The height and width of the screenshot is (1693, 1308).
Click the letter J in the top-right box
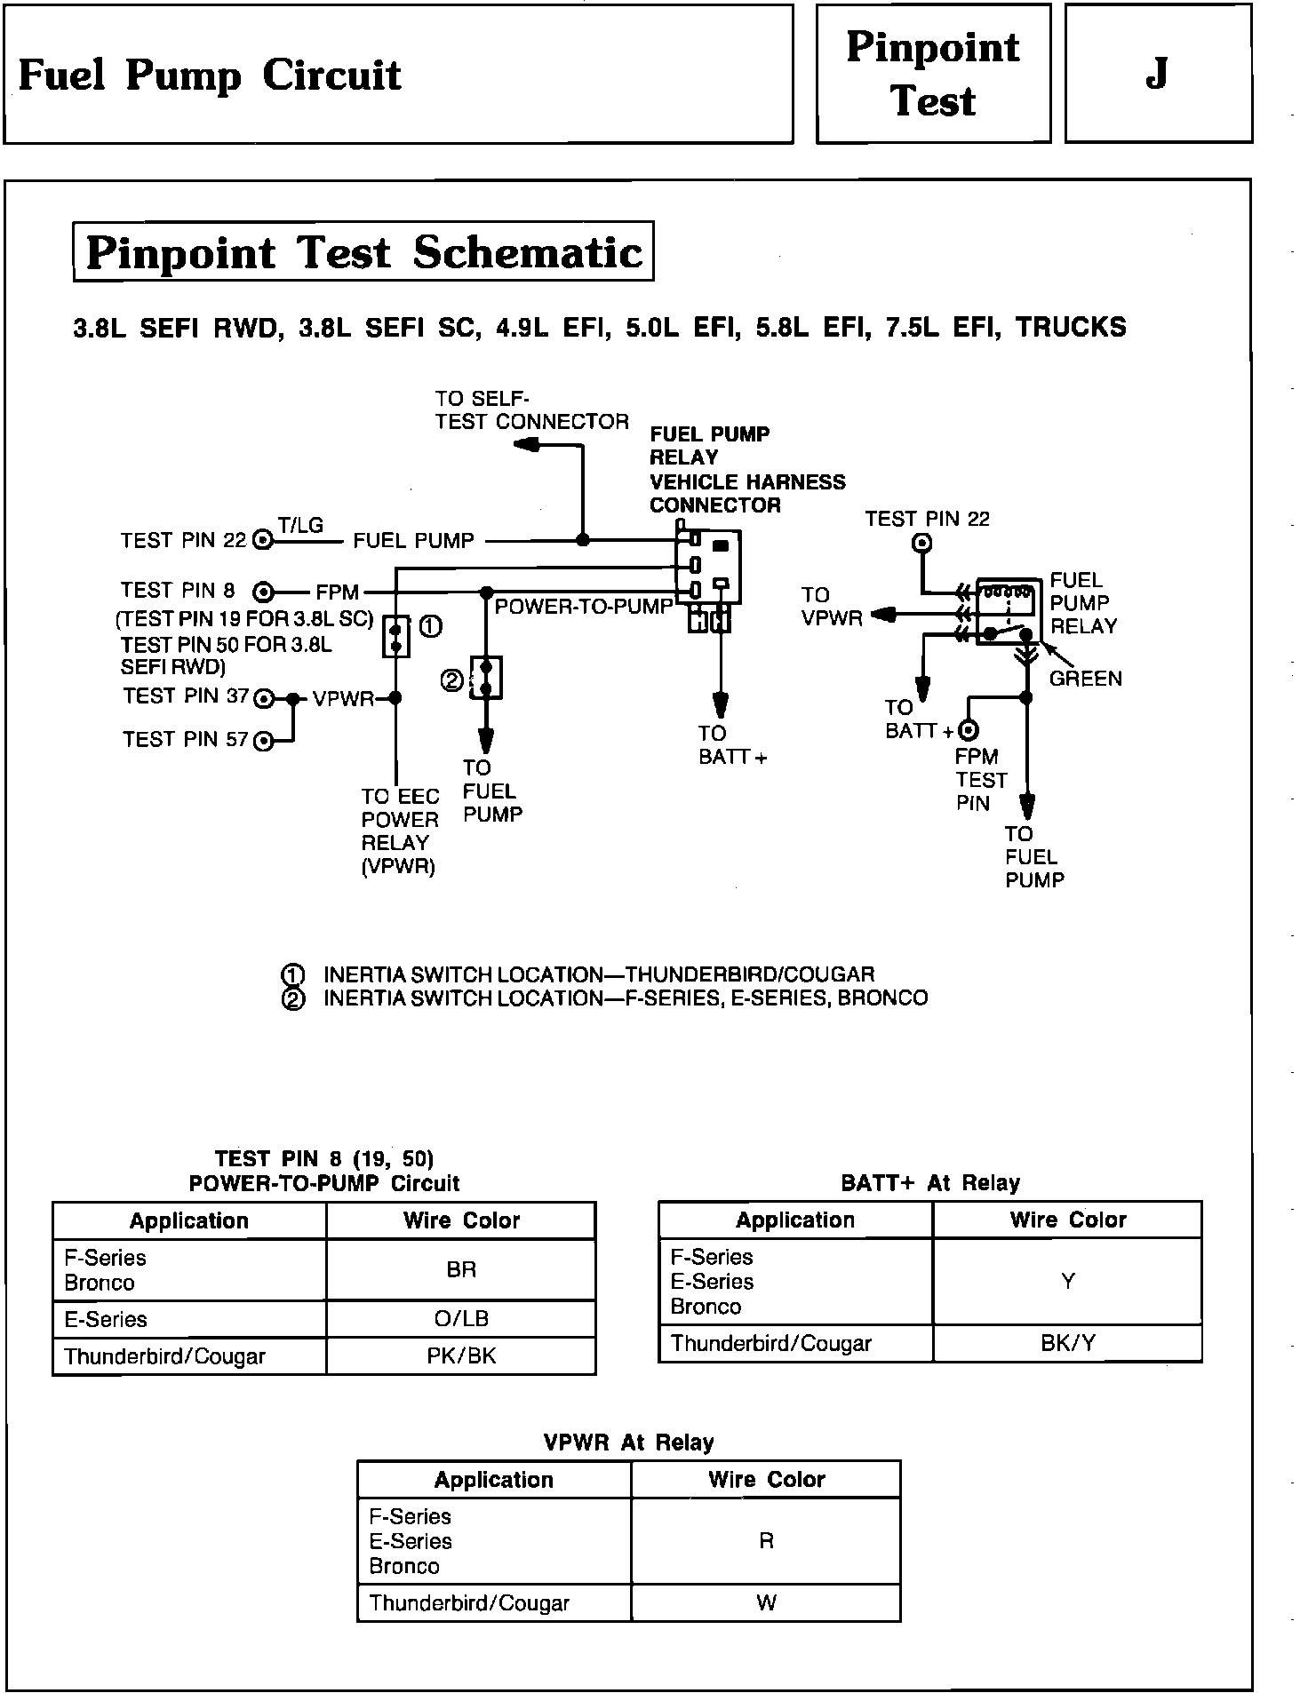coord(1156,75)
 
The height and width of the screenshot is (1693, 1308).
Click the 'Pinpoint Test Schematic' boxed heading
coord(363,252)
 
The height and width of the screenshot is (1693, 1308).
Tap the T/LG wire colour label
coord(300,525)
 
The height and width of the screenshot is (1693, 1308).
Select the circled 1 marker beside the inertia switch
coord(430,627)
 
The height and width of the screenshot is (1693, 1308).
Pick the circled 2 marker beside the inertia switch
coord(452,680)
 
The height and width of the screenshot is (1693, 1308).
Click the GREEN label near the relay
coord(1085,679)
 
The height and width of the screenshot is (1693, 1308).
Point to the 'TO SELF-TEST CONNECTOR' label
coord(531,410)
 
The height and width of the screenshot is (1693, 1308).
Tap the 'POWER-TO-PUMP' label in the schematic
coord(583,607)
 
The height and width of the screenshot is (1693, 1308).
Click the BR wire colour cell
coord(461,1269)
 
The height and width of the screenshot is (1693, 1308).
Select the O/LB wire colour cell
coord(461,1319)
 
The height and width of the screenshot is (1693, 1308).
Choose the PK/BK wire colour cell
coord(461,1356)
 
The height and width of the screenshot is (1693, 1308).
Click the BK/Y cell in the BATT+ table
coord(1067,1343)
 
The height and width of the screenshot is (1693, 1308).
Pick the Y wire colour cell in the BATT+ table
coord(1067,1281)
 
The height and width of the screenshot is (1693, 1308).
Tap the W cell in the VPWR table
coord(766,1602)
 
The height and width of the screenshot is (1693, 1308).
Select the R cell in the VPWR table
coord(766,1540)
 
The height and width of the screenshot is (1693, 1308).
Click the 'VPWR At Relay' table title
coord(628,1443)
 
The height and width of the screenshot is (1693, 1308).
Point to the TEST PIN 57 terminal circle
coord(263,740)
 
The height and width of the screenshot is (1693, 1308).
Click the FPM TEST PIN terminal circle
coord(968,730)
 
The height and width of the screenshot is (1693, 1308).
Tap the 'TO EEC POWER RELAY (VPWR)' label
coord(400,831)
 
